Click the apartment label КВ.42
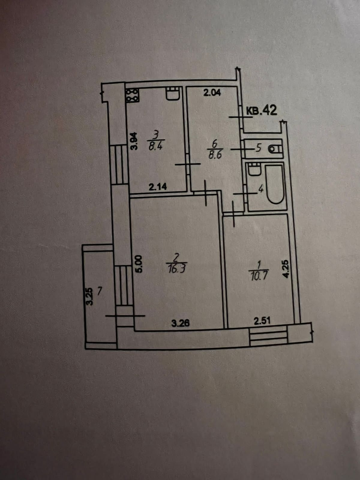coord(261,110)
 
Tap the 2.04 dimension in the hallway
coord(212,93)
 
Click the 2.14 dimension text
coord(157,187)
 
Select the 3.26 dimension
coord(180,323)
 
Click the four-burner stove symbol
coord(132,95)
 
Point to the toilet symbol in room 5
coord(276,148)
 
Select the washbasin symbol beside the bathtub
coord(255,170)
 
